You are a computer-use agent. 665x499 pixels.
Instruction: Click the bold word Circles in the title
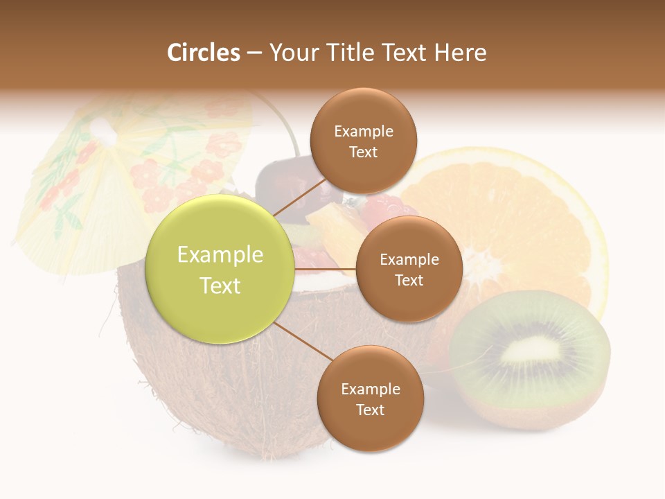coord(203,53)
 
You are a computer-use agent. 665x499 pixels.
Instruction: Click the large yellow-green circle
coord(220,270)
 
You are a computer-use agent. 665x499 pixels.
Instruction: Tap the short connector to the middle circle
coord(325,269)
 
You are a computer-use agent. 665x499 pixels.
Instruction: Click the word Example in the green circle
coord(220,255)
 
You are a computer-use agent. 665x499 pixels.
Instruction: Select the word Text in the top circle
coord(363,152)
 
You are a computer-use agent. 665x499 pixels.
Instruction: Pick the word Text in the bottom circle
coord(370,410)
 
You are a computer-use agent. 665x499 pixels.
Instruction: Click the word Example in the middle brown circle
coord(409,259)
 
